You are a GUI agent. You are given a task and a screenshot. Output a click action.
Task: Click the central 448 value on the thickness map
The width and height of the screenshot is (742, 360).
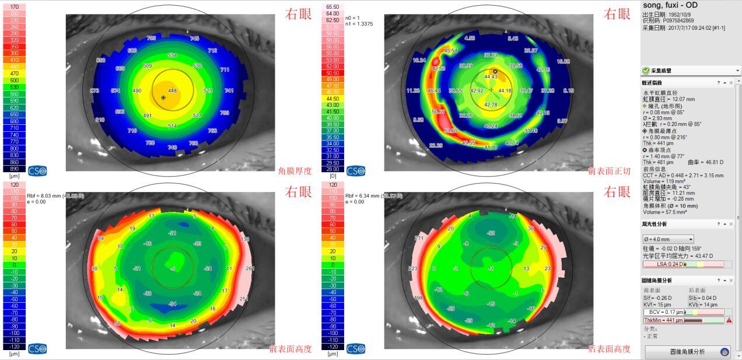point(172,91)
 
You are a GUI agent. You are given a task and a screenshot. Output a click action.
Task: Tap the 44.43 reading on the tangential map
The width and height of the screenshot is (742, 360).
point(491,77)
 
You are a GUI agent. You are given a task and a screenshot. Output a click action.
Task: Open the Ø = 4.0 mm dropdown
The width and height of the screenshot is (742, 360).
point(668,239)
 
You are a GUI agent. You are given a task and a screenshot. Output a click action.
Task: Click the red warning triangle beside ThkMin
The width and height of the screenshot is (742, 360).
point(729,320)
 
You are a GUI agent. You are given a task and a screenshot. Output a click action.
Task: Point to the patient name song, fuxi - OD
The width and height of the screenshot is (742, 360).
point(669,5)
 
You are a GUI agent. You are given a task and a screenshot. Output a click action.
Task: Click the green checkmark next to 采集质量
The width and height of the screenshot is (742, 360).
point(646,71)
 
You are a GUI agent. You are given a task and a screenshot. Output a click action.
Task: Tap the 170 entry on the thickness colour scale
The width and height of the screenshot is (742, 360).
point(15,6)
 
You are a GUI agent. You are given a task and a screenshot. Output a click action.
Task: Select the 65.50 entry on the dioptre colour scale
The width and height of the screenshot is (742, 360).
point(332,6)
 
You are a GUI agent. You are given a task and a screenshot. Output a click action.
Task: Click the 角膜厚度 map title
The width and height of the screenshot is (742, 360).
point(296,171)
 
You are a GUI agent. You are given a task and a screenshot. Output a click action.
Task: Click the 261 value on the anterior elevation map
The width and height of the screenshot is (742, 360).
point(250,268)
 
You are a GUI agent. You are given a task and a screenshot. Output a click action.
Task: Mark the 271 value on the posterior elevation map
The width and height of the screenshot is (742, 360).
point(402,238)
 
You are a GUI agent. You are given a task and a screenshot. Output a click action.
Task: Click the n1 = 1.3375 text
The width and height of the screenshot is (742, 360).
point(359,24)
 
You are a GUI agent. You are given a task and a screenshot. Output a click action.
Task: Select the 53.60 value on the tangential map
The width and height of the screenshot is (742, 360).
point(450,131)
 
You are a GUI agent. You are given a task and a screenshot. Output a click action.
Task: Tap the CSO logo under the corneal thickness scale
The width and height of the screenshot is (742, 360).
point(37,171)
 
